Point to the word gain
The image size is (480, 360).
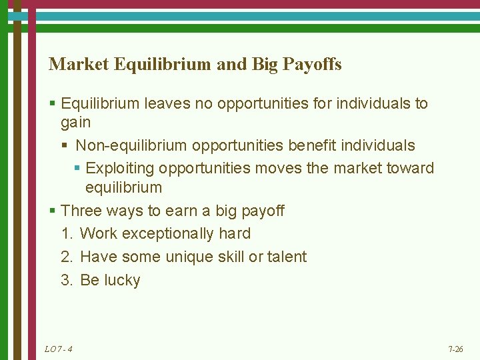pos(75,123)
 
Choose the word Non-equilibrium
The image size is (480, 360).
pos(131,145)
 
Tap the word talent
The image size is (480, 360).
pos(286,257)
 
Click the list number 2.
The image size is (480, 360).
pos(66,257)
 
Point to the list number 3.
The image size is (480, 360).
pos(66,281)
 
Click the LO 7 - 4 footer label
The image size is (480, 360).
pos(59,349)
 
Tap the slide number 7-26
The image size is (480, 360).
pos(456,349)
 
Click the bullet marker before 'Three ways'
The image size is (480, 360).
pos(53,212)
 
